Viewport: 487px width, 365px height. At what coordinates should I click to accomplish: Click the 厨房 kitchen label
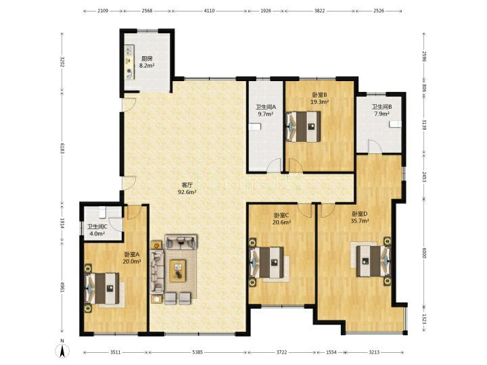pyautogui.click(x=147, y=59)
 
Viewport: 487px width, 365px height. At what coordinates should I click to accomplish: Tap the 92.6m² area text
pyautogui.click(x=187, y=192)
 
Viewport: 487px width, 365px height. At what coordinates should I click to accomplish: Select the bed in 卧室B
pyautogui.click(x=304, y=126)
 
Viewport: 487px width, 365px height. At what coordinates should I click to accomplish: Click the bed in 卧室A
pyautogui.click(x=102, y=289)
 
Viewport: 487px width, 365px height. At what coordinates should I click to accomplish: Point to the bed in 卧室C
pyautogui.click(x=267, y=262)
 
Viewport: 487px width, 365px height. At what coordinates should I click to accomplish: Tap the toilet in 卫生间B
pyautogui.click(x=396, y=124)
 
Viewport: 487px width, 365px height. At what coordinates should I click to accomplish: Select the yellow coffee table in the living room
pyautogui.click(x=178, y=271)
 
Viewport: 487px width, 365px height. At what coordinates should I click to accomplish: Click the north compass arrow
pyautogui.click(x=62, y=351)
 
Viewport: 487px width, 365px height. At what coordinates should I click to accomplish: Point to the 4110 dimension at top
pyautogui.click(x=209, y=11)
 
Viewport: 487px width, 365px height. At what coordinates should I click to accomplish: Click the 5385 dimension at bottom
pyautogui.click(x=198, y=352)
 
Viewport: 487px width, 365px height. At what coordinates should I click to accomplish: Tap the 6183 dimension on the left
pyautogui.click(x=62, y=148)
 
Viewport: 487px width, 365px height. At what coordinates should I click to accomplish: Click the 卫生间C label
pyautogui.click(x=97, y=227)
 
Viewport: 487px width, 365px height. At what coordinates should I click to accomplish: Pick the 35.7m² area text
pyautogui.click(x=360, y=221)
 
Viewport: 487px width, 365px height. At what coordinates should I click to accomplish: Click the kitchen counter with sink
pyautogui.click(x=130, y=62)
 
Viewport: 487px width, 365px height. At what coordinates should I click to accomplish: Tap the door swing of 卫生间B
pyautogui.click(x=373, y=146)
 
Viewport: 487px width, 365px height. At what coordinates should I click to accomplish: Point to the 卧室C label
pyautogui.click(x=281, y=215)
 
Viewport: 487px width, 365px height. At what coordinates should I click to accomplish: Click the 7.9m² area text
pyautogui.click(x=382, y=114)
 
